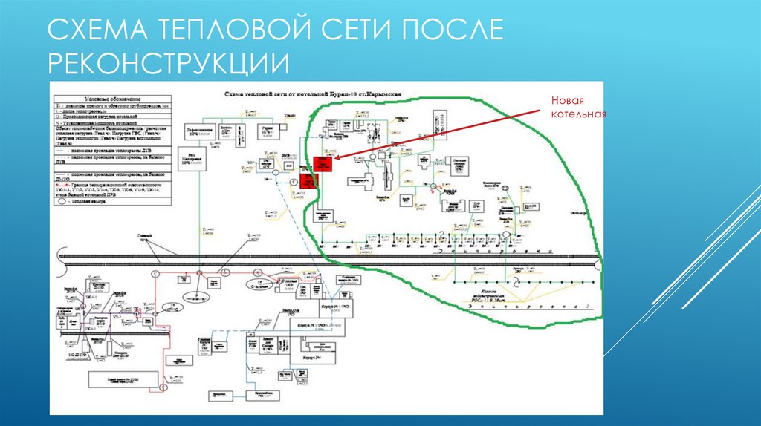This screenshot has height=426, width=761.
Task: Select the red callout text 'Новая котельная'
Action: click(578, 108)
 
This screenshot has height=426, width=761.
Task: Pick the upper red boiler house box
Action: click(323, 164)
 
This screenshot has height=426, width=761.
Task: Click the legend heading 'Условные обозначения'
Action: click(110, 99)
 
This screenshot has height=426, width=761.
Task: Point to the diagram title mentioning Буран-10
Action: click(313, 96)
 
